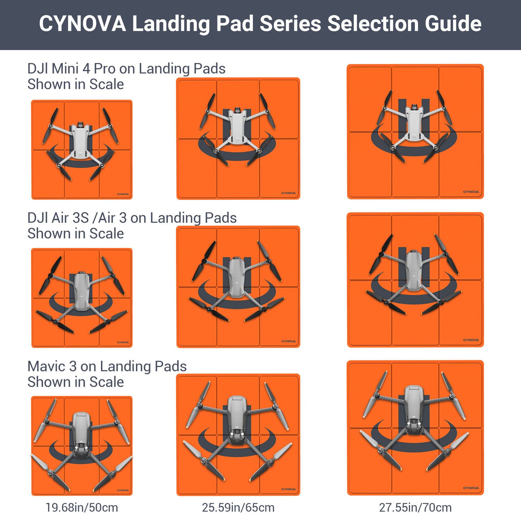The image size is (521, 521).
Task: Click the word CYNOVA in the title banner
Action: [82, 24]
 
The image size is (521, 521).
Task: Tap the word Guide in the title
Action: [453, 24]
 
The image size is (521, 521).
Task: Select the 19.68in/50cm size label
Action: [81, 507]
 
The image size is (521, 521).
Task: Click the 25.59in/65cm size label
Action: [238, 507]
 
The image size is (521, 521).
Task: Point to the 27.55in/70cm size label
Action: [415, 507]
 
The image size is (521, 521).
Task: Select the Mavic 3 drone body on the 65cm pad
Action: [237, 418]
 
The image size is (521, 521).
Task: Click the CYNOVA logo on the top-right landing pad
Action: [471, 192]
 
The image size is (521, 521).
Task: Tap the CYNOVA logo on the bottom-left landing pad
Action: [123, 490]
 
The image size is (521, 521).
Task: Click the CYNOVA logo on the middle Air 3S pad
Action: [288, 341]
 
